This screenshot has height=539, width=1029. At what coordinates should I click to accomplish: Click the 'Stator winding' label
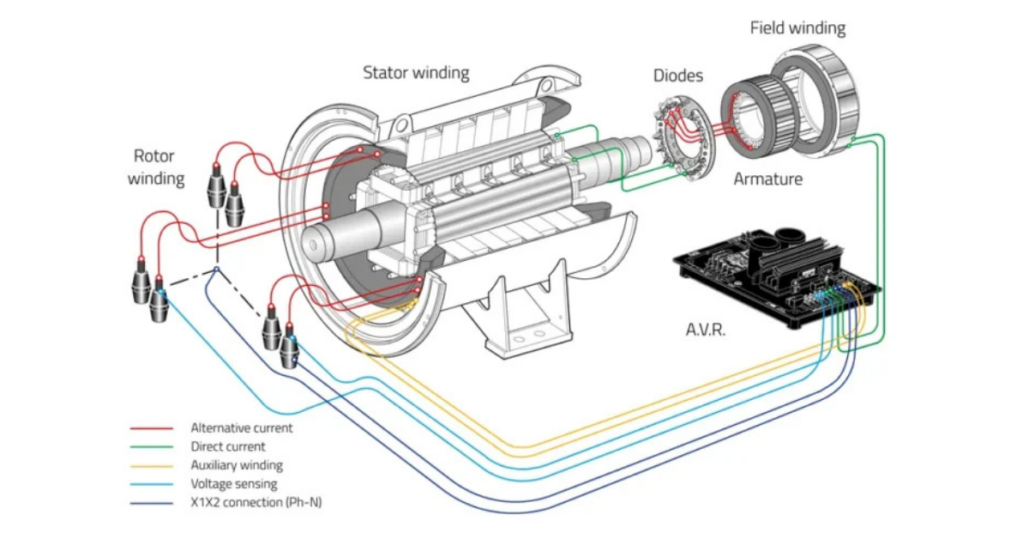coord(416,72)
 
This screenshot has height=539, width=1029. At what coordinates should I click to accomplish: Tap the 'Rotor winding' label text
coord(155,167)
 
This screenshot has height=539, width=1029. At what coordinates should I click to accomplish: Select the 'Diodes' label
coord(678,76)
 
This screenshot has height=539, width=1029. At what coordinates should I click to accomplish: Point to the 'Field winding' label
coord(797,27)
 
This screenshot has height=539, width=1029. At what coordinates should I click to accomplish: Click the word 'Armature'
coord(767,179)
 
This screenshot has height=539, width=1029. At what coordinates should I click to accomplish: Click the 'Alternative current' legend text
coord(241,427)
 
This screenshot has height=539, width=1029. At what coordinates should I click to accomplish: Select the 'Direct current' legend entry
coord(227,446)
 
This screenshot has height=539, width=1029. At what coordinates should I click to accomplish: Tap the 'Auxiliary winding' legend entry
coord(236,465)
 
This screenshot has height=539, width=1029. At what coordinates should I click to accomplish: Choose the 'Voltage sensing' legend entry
coord(233,484)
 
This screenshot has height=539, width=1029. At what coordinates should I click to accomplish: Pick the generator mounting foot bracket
coord(523,318)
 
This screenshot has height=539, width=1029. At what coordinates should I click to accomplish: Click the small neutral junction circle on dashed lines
coord(216,269)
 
